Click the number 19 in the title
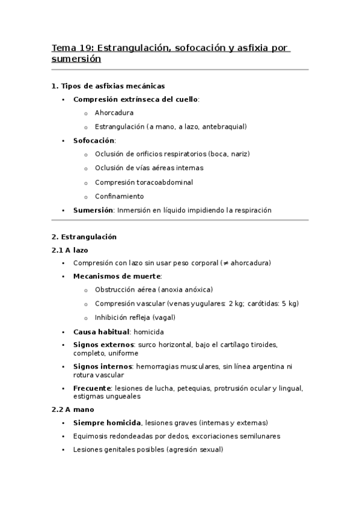coord(84,48)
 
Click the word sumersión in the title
coord(76,60)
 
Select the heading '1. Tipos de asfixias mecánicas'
coord(108,86)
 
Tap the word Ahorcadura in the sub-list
coord(114,112)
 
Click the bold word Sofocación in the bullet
coord(93,140)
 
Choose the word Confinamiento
coord(119,196)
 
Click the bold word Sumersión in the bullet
coord(93,210)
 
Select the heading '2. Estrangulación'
coord(84,237)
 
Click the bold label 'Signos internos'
coord(103,366)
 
